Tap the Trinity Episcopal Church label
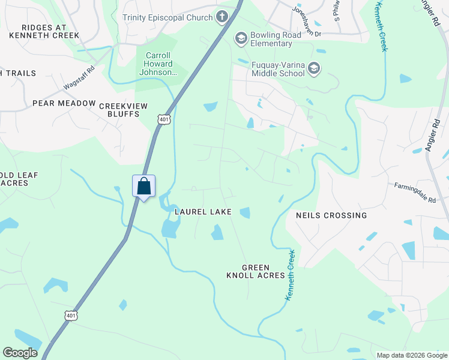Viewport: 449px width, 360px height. (167, 17)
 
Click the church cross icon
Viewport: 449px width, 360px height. (223, 16)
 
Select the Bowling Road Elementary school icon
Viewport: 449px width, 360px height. (241, 39)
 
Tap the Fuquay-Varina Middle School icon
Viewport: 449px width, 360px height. (313, 69)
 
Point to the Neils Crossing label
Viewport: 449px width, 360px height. (331, 215)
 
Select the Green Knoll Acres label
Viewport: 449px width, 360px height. (255, 271)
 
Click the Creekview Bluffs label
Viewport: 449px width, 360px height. (123, 110)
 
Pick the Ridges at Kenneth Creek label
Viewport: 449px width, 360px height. (44, 31)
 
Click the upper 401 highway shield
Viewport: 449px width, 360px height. (164, 120)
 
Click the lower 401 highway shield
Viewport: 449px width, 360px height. (71, 315)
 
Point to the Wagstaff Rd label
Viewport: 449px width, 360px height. (79, 79)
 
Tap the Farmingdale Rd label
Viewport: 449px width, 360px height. (415, 193)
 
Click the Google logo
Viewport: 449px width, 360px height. (20, 353)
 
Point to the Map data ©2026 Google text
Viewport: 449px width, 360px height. (411, 355)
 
